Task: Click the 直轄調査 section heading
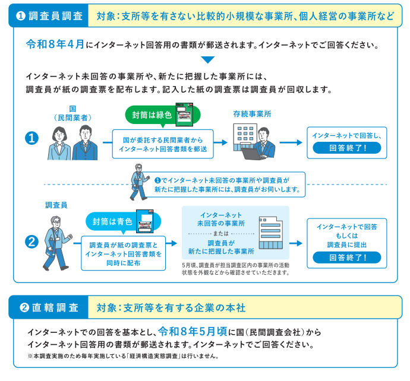click(49, 308)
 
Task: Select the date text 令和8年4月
click(55, 45)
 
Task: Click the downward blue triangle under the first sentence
click(207, 59)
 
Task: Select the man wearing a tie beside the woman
click(84, 142)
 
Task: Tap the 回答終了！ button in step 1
click(346, 148)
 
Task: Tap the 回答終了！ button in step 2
click(346, 258)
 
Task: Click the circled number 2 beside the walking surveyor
click(30, 242)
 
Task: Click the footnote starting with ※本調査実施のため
click(124, 357)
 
